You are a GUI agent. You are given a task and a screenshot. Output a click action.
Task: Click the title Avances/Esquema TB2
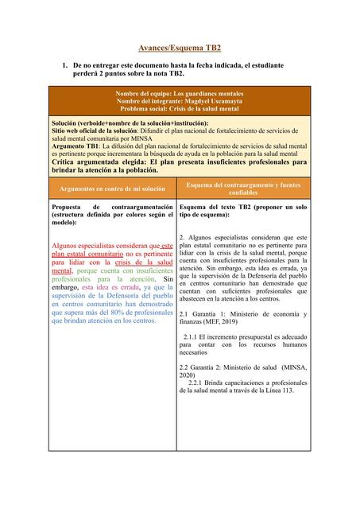pyautogui.click(x=180, y=49)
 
